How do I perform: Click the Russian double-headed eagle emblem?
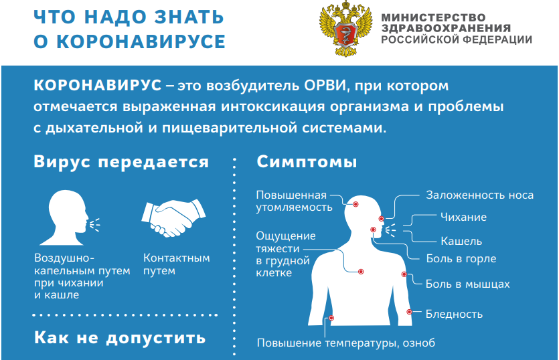click(x=345, y=30)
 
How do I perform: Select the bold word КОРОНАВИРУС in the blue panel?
click(x=97, y=87)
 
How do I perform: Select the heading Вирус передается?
click(x=121, y=163)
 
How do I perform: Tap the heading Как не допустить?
click(x=120, y=337)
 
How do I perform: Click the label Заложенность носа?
click(x=479, y=195)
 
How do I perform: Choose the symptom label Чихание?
click(x=463, y=217)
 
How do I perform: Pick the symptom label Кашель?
click(x=461, y=241)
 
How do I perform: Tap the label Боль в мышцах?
click(x=467, y=284)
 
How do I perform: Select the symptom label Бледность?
click(x=454, y=314)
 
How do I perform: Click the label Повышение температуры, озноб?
click(x=346, y=343)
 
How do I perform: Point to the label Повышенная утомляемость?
click(x=293, y=201)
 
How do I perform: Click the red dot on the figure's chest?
click(x=361, y=272)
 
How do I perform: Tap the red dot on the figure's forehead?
click(x=355, y=204)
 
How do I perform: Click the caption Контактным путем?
click(x=176, y=264)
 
